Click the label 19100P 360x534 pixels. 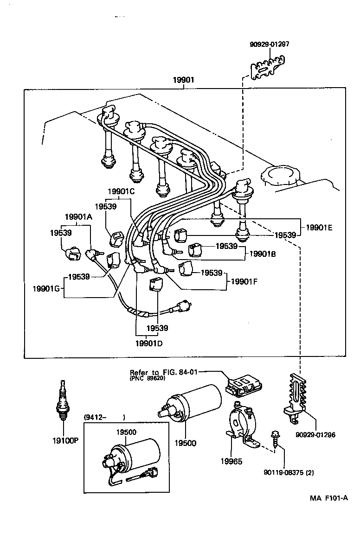pos(65,439)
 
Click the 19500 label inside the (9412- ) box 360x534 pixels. pos(126,432)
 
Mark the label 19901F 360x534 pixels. pos(244,280)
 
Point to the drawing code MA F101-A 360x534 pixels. pos(329,498)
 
